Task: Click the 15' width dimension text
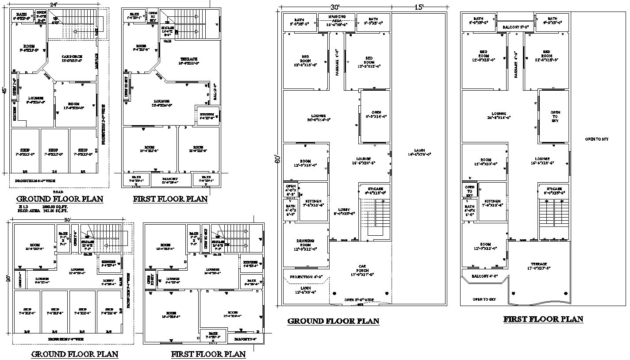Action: (x=419, y=7)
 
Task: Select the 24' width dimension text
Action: (x=54, y=4)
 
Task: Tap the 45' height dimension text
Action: (x=4, y=91)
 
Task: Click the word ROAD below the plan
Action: (x=58, y=192)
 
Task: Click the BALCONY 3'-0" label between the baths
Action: (x=516, y=27)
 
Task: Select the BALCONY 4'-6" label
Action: (x=484, y=276)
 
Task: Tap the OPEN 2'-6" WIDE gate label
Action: (x=360, y=300)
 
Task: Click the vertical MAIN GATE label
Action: (x=96, y=61)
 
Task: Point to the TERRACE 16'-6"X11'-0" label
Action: (x=189, y=61)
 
